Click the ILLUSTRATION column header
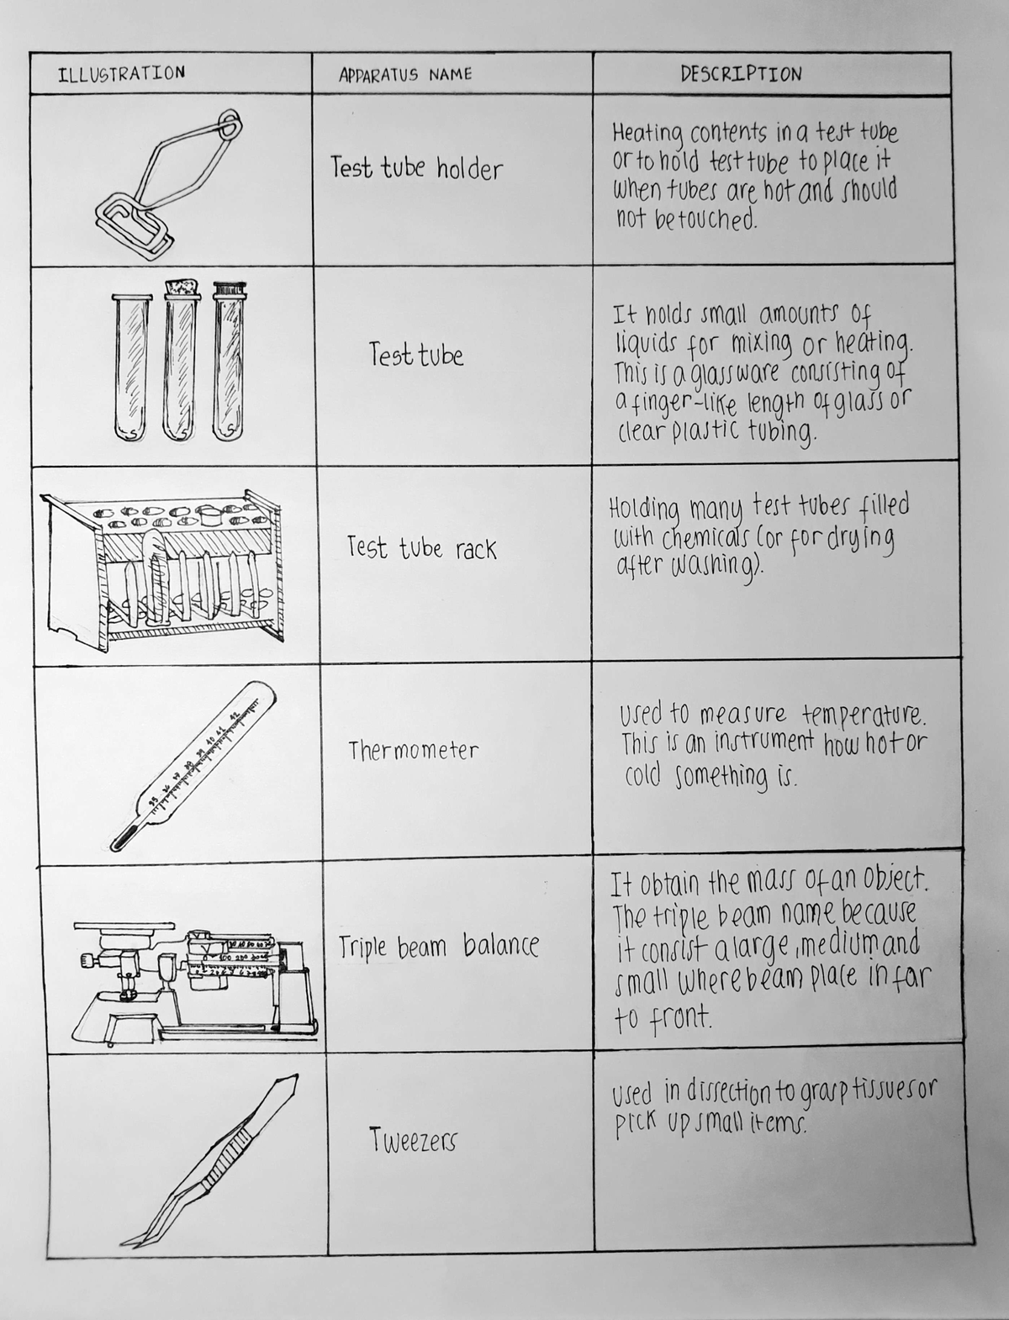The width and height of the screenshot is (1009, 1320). (121, 73)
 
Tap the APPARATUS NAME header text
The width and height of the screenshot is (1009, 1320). (405, 75)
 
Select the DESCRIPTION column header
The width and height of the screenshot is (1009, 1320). (741, 74)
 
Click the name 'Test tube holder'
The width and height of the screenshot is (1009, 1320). (416, 168)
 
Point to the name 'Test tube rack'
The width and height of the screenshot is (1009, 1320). (422, 548)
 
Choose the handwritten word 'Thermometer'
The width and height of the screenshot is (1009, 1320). (414, 750)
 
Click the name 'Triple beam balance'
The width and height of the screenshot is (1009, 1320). (438, 946)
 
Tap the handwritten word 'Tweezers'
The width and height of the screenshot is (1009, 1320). (413, 1139)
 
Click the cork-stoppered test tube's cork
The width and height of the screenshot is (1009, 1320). (181, 288)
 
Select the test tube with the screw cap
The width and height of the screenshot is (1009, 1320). (229, 362)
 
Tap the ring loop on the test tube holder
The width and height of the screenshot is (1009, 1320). (229, 124)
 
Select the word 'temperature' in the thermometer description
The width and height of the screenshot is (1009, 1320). (864, 715)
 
